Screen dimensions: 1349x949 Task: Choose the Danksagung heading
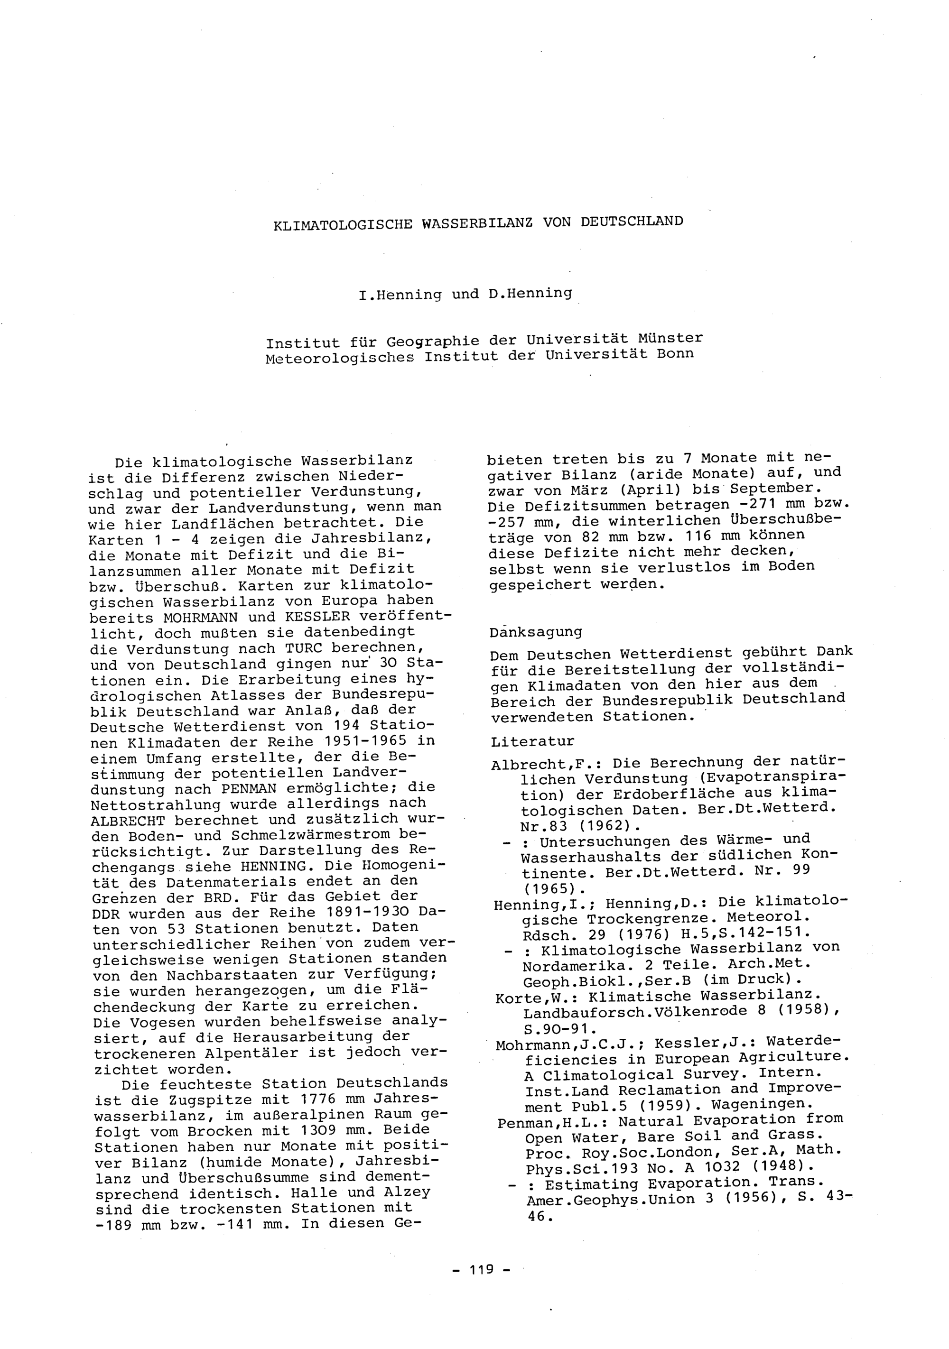pos(535,632)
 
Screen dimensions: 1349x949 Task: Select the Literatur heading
pos(532,741)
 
